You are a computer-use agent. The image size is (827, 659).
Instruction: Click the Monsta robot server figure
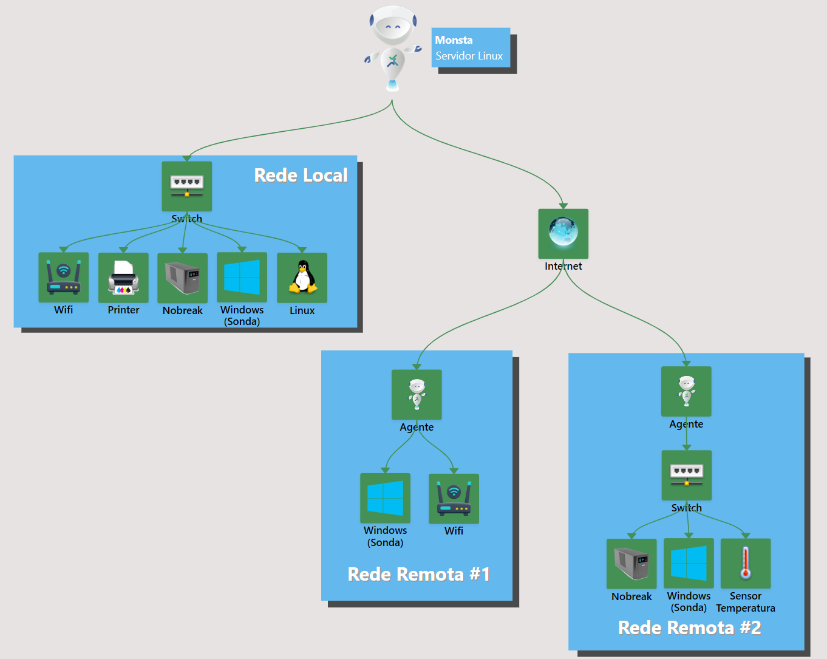393,49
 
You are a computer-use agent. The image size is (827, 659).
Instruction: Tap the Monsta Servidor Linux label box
471,48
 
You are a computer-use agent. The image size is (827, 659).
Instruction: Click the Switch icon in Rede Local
186,186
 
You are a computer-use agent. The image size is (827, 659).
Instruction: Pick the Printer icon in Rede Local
123,278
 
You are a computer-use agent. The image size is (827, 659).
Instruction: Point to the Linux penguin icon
302,278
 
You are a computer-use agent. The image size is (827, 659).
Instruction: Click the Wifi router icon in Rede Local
63,278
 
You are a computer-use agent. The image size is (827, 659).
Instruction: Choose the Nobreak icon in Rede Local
182,278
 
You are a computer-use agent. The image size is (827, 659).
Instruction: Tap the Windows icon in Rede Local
242,277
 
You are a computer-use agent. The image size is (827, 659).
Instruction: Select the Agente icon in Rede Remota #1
417,394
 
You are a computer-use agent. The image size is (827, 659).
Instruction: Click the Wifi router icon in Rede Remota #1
454,499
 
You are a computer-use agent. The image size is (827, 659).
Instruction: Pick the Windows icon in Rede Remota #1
385,498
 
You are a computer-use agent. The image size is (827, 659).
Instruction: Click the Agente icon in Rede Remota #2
686,391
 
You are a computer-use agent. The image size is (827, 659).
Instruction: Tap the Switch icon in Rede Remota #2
686,475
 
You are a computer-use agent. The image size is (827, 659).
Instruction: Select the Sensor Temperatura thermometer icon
745,563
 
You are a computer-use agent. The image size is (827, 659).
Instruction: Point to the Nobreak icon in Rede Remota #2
631,564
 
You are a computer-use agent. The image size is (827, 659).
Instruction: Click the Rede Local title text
301,176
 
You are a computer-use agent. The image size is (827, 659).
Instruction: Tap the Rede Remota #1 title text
418,574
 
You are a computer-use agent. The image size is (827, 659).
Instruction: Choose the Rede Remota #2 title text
689,627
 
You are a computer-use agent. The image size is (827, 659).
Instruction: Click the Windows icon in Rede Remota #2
689,563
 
